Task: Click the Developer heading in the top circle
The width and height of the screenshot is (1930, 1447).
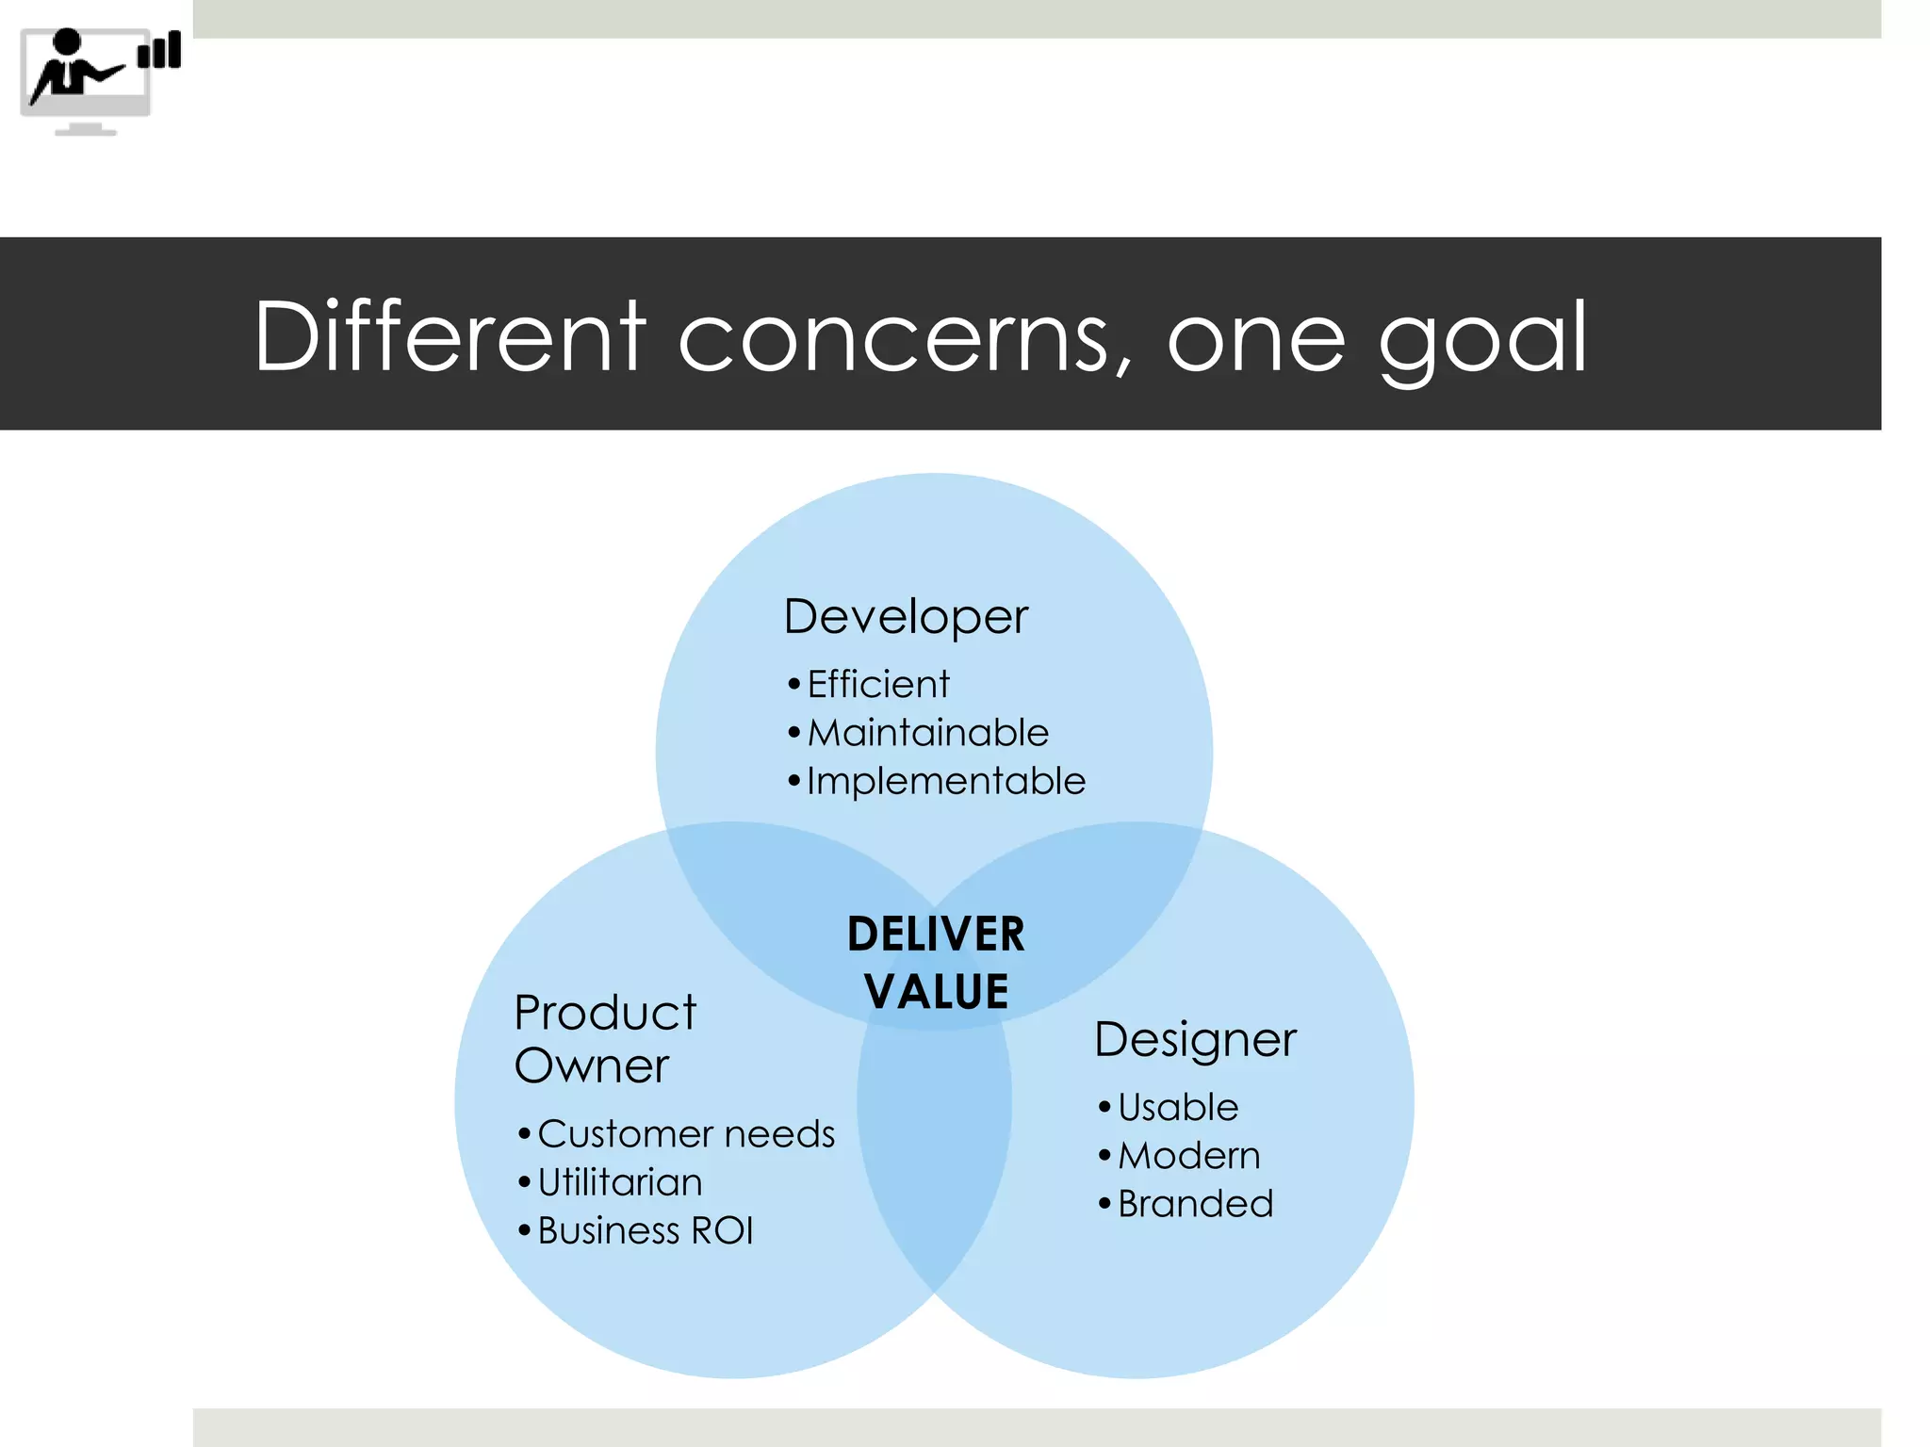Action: tap(906, 617)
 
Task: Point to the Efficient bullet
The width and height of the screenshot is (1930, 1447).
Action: tap(877, 684)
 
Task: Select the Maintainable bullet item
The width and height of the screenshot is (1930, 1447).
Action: tap(927, 733)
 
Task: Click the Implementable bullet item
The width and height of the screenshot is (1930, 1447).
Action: tap(945, 781)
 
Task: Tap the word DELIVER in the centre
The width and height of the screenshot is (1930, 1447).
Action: tap(936, 935)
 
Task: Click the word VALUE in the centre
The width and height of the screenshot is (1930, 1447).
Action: tap(937, 991)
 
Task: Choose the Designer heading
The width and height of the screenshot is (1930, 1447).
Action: tap(1195, 1040)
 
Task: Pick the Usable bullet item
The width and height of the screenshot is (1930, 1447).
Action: tap(1177, 1107)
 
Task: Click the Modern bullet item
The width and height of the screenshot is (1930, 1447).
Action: tap(1188, 1156)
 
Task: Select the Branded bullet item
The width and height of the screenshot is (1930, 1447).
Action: tap(1195, 1204)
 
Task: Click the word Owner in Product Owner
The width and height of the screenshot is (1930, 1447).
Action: tap(592, 1065)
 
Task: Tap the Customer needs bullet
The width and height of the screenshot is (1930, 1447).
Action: tap(685, 1133)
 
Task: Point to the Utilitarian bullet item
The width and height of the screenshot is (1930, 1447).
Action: tap(619, 1182)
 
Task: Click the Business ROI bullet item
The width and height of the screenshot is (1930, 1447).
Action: tap(645, 1230)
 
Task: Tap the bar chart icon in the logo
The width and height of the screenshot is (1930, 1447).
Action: tap(159, 51)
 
